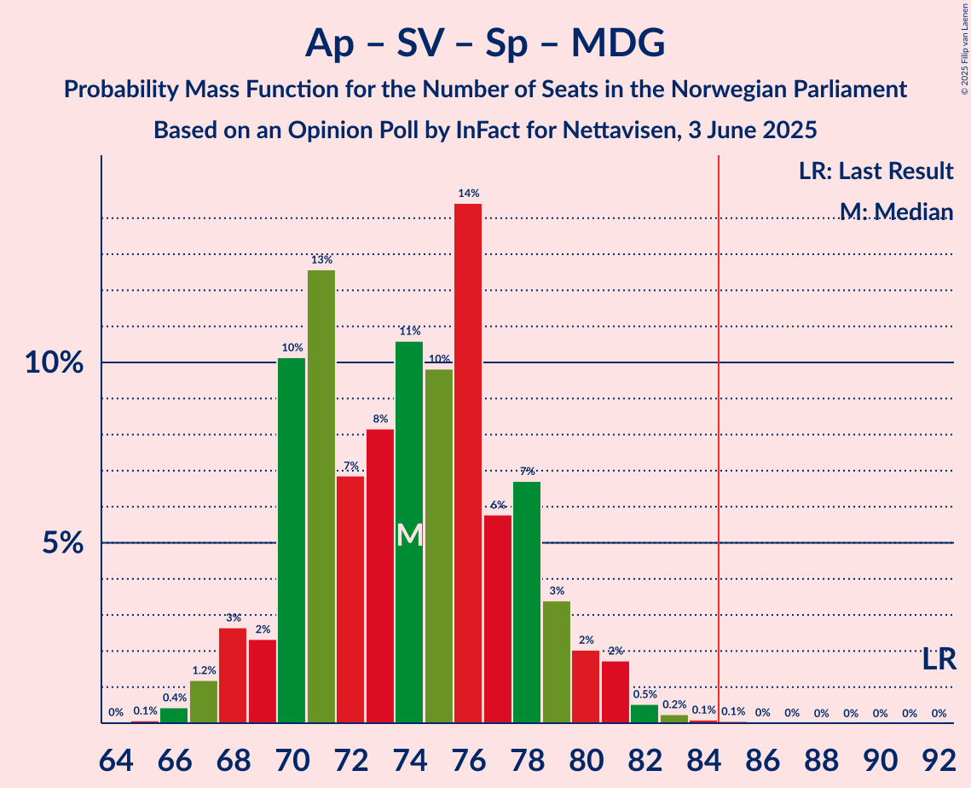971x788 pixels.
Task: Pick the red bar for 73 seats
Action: click(x=380, y=576)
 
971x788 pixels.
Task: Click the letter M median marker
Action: click(x=410, y=535)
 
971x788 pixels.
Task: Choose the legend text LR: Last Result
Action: click(x=876, y=171)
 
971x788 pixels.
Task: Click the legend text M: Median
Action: click(x=895, y=211)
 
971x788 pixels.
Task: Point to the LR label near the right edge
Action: click(x=939, y=658)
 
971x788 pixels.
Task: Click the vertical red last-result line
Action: click(x=719, y=426)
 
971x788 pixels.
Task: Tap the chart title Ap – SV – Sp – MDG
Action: click(x=485, y=43)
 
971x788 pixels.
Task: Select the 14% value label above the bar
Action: click(x=468, y=194)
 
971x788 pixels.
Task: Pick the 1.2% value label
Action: click(x=204, y=670)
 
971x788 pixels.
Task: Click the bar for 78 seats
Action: click(x=527, y=602)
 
